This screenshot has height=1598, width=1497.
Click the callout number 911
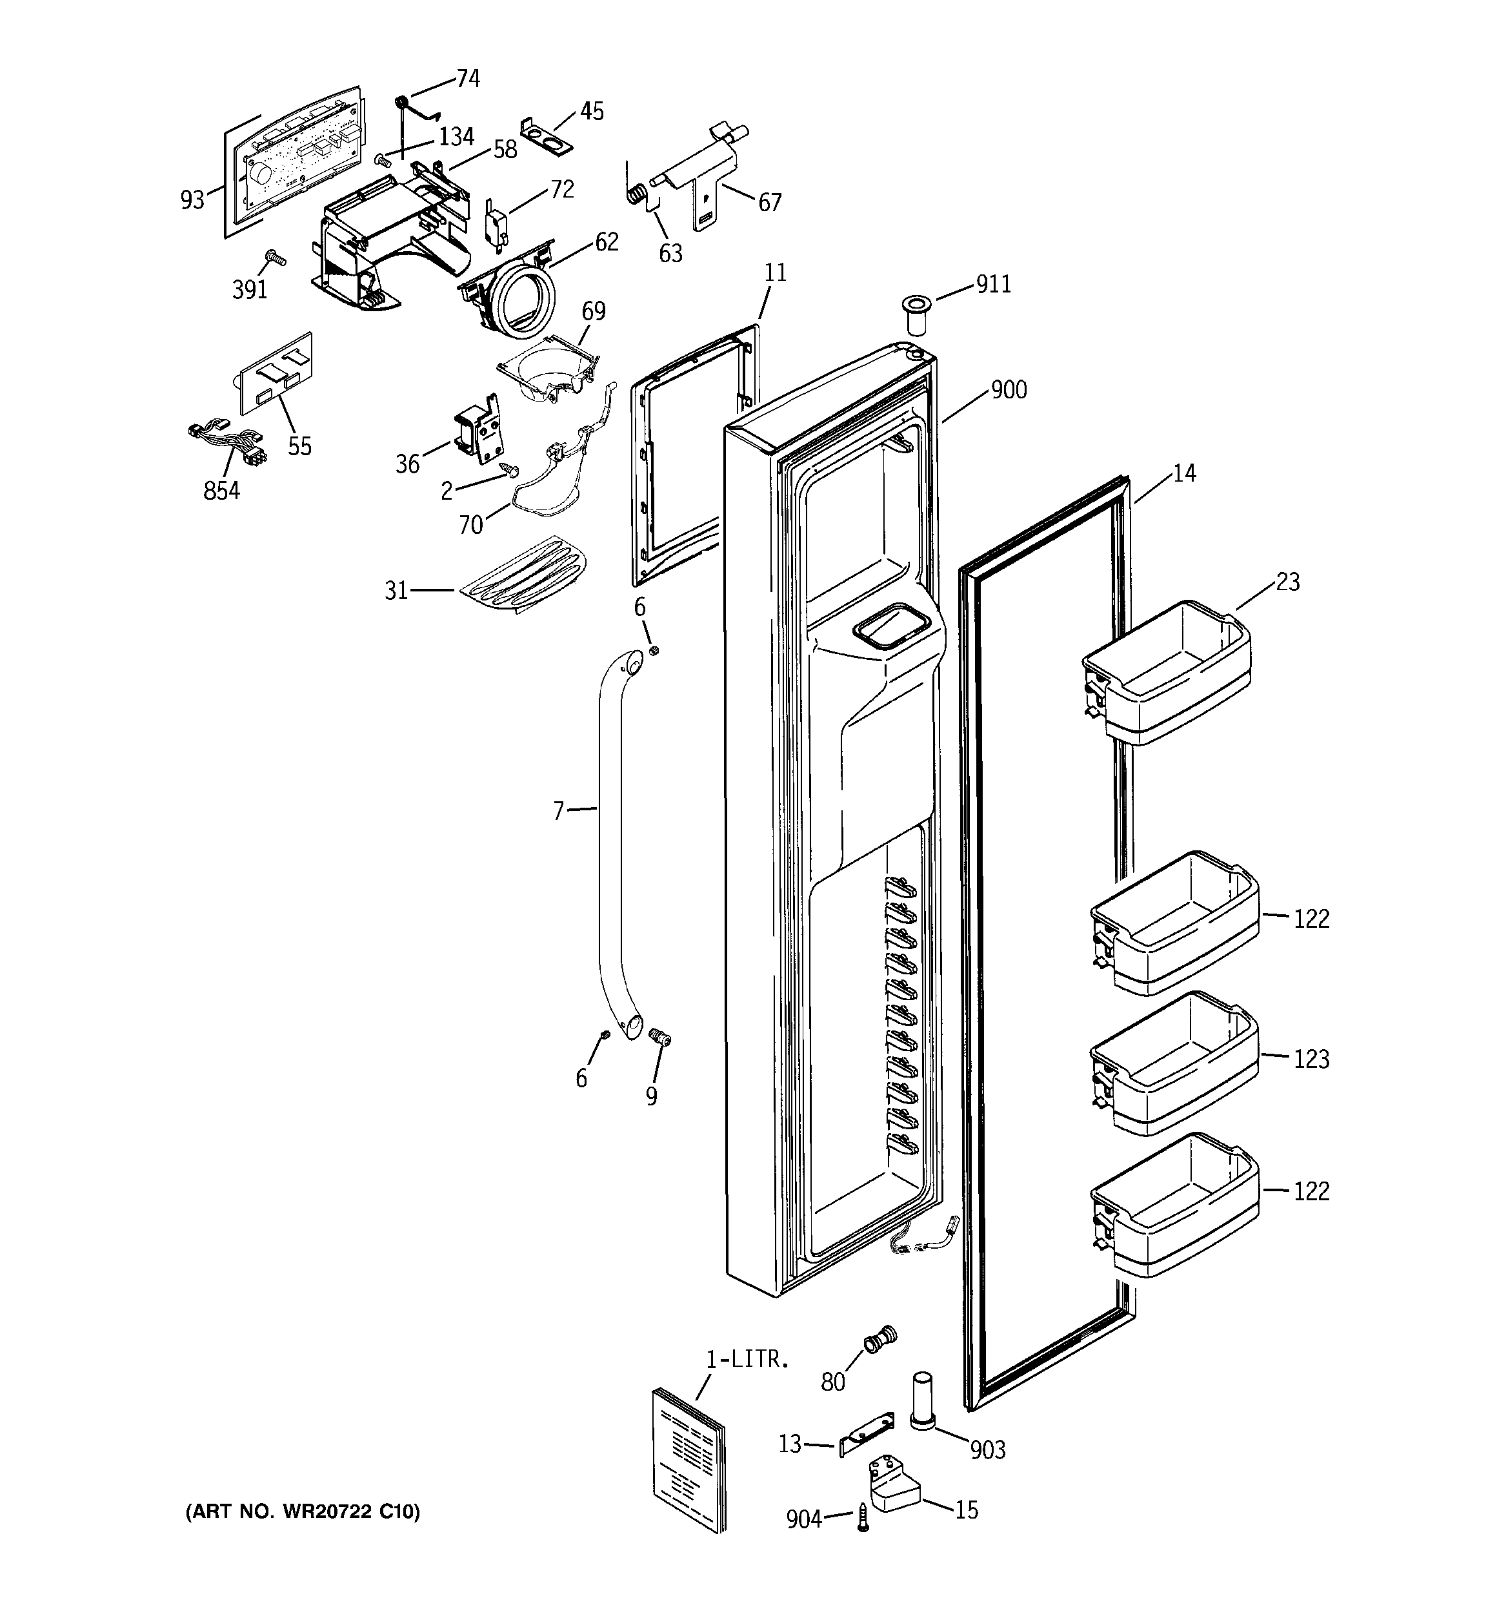coord(993,285)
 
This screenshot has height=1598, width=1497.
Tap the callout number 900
coord(1009,390)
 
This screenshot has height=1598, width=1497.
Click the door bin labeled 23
coord(1165,679)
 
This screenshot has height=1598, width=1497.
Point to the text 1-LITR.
coord(747,1359)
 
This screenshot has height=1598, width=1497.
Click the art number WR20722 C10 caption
coord(302,1512)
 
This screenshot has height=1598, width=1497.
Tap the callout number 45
coord(592,112)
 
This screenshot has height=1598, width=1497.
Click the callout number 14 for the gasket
coord(1183,473)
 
